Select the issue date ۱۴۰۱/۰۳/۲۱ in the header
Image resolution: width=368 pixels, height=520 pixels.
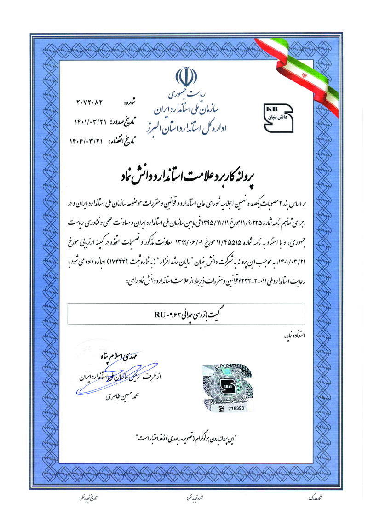(91, 122)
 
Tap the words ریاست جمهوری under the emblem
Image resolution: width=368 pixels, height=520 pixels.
(185, 93)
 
